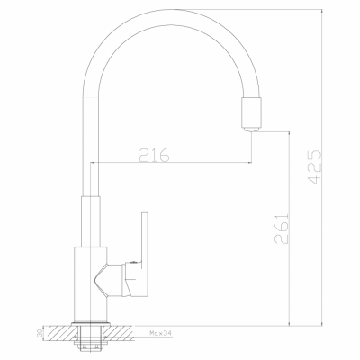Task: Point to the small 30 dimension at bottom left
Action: pos(40,334)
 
